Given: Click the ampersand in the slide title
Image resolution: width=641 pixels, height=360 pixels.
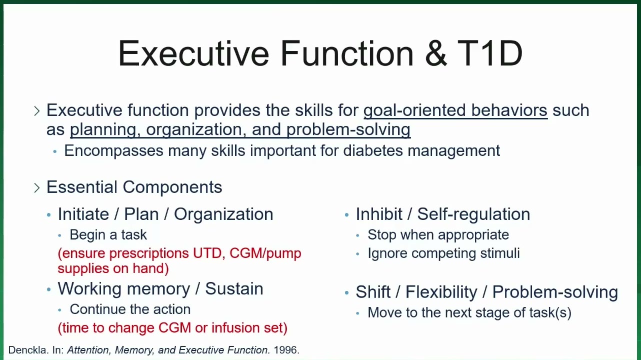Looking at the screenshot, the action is tap(436, 53).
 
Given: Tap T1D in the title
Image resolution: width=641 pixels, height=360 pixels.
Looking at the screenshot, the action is tap(489, 53).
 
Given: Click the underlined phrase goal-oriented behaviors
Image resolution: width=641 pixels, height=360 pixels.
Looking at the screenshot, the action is tap(455, 110).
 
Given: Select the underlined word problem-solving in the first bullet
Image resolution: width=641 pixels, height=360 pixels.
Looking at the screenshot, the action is tap(348, 129).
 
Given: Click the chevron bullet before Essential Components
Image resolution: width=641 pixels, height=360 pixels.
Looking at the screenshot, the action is tap(36, 187).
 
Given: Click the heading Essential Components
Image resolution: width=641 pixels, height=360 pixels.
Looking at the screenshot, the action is tap(134, 187).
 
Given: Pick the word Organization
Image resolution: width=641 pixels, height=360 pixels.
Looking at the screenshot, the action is tap(223, 214).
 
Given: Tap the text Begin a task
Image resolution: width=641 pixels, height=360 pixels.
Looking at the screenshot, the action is tap(108, 235).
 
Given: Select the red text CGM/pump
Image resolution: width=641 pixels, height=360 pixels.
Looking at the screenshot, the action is tap(265, 254).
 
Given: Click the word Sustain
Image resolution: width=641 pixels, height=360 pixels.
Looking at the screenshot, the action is tap(234, 288).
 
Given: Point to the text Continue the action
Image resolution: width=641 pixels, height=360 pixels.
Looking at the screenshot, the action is tap(130, 309).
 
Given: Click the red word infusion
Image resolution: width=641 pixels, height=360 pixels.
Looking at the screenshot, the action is tap(235, 327).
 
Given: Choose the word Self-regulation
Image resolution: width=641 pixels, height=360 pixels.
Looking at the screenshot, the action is tap(473, 214).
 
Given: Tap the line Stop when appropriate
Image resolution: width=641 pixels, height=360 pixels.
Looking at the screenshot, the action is tap(438, 235).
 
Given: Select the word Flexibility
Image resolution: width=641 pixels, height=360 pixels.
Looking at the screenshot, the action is tap(441, 292).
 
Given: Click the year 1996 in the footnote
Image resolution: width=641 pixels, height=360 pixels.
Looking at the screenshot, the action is tap(285, 350).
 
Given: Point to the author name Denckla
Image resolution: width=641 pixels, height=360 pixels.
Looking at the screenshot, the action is tap(28, 350).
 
